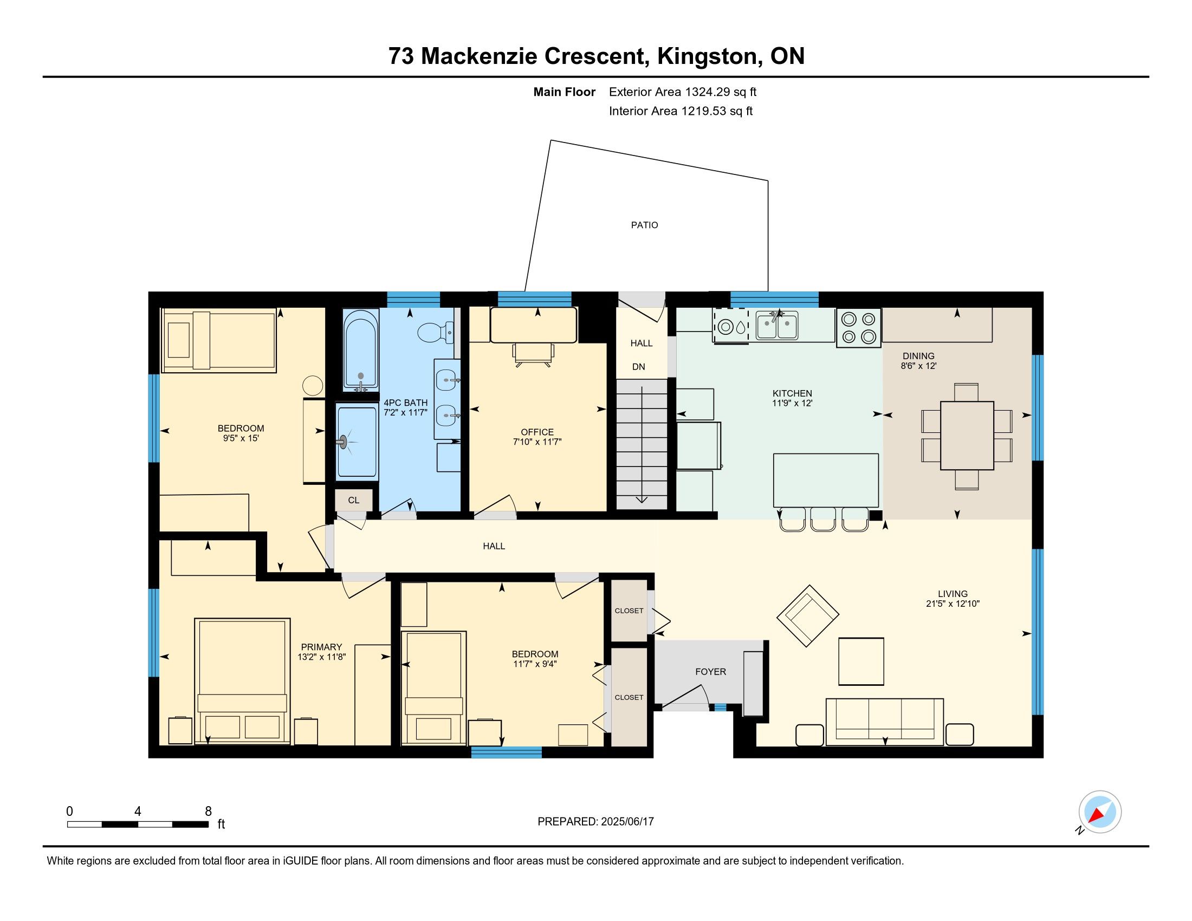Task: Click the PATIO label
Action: click(x=644, y=225)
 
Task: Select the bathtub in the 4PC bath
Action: click(x=360, y=351)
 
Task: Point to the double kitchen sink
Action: click(x=776, y=326)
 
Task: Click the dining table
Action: click(x=967, y=436)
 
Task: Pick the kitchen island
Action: click(x=826, y=480)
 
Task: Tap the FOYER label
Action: click(x=711, y=672)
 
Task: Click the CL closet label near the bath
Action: click(x=354, y=500)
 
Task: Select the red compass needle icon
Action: click(x=1098, y=815)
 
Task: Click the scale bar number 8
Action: click(x=208, y=812)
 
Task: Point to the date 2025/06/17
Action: click(x=626, y=821)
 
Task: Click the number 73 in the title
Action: click(x=401, y=56)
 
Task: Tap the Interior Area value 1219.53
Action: click(x=703, y=111)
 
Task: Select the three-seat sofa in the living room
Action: click(x=885, y=721)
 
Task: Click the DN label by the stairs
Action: click(x=639, y=367)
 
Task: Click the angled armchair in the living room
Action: click(x=808, y=615)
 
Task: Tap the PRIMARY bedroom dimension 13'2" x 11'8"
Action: click(x=321, y=657)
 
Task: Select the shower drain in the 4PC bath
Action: click(x=344, y=442)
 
